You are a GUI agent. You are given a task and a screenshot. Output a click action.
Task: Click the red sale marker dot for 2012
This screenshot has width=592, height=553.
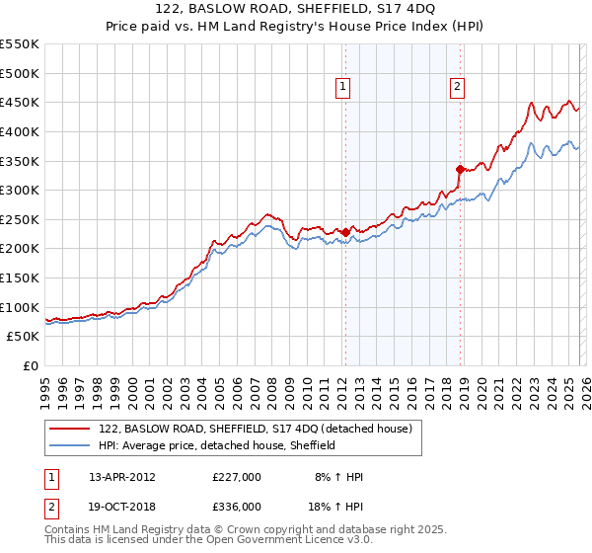click(345, 233)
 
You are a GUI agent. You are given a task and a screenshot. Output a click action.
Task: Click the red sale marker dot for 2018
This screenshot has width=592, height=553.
click(460, 169)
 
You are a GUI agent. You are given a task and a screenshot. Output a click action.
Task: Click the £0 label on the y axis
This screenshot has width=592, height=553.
click(30, 365)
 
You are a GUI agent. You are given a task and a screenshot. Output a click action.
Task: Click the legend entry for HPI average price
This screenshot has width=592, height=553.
click(217, 445)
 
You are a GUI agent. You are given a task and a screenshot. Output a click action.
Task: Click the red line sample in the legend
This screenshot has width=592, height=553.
click(71, 429)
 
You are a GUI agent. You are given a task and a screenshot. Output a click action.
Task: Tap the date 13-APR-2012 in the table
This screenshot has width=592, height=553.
click(121, 476)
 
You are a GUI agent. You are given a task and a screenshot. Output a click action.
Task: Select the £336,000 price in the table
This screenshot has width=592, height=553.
click(237, 506)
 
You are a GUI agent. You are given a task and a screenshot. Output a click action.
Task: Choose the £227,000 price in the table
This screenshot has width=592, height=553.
click(237, 476)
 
